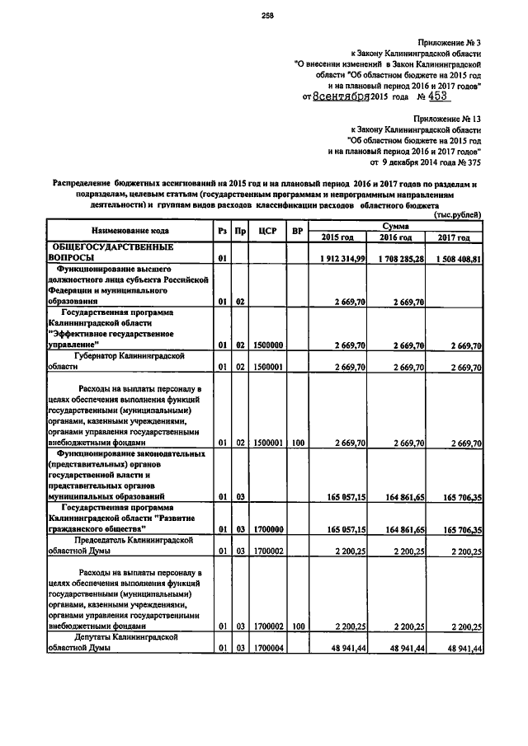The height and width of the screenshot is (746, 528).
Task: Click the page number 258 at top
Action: pos(266,14)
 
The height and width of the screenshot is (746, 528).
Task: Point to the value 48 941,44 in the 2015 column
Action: pos(347,649)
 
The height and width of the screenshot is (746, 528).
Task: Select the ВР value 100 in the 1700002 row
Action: pos(298,626)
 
